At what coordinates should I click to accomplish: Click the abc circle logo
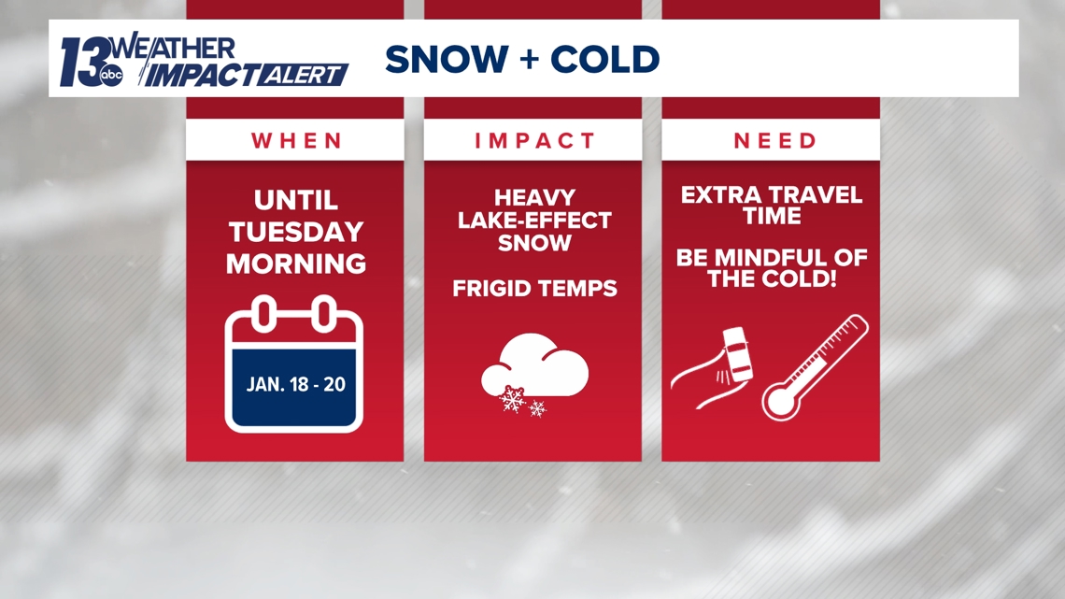(111, 76)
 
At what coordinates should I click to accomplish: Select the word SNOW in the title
(447, 59)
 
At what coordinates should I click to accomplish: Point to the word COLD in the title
(604, 59)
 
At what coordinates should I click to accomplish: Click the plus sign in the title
(529, 60)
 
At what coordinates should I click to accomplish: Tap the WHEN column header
(297, 140)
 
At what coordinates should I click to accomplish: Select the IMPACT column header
(534, 140)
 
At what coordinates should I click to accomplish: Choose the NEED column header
(775, 140)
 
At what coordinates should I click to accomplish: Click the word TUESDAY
(296, 232)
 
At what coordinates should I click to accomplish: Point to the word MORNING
(296, 264)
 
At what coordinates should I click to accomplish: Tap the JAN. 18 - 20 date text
(296, 384)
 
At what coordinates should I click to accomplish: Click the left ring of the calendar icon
(265, 314)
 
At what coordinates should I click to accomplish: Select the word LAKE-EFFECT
(534, 220)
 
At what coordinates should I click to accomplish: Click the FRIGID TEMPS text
(534, 289)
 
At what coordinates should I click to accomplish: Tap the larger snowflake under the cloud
(513, 399)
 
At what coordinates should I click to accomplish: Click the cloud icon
(534, 365)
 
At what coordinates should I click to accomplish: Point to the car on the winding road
(737, 354)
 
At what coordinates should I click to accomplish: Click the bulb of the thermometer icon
(780, 402)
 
